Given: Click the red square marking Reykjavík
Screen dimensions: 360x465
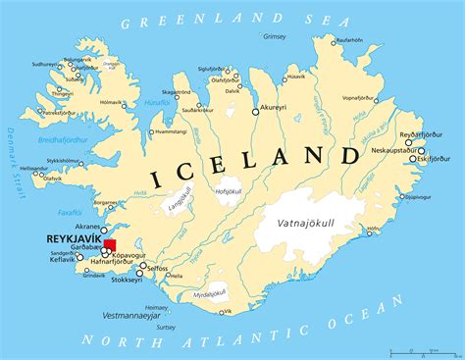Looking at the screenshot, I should [110, 245].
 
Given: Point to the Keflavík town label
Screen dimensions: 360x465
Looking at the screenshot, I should [62, 261].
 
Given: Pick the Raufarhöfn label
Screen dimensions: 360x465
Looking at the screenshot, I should [350, 40].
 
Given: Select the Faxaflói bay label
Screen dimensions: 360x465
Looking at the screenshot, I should [70, 211].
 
